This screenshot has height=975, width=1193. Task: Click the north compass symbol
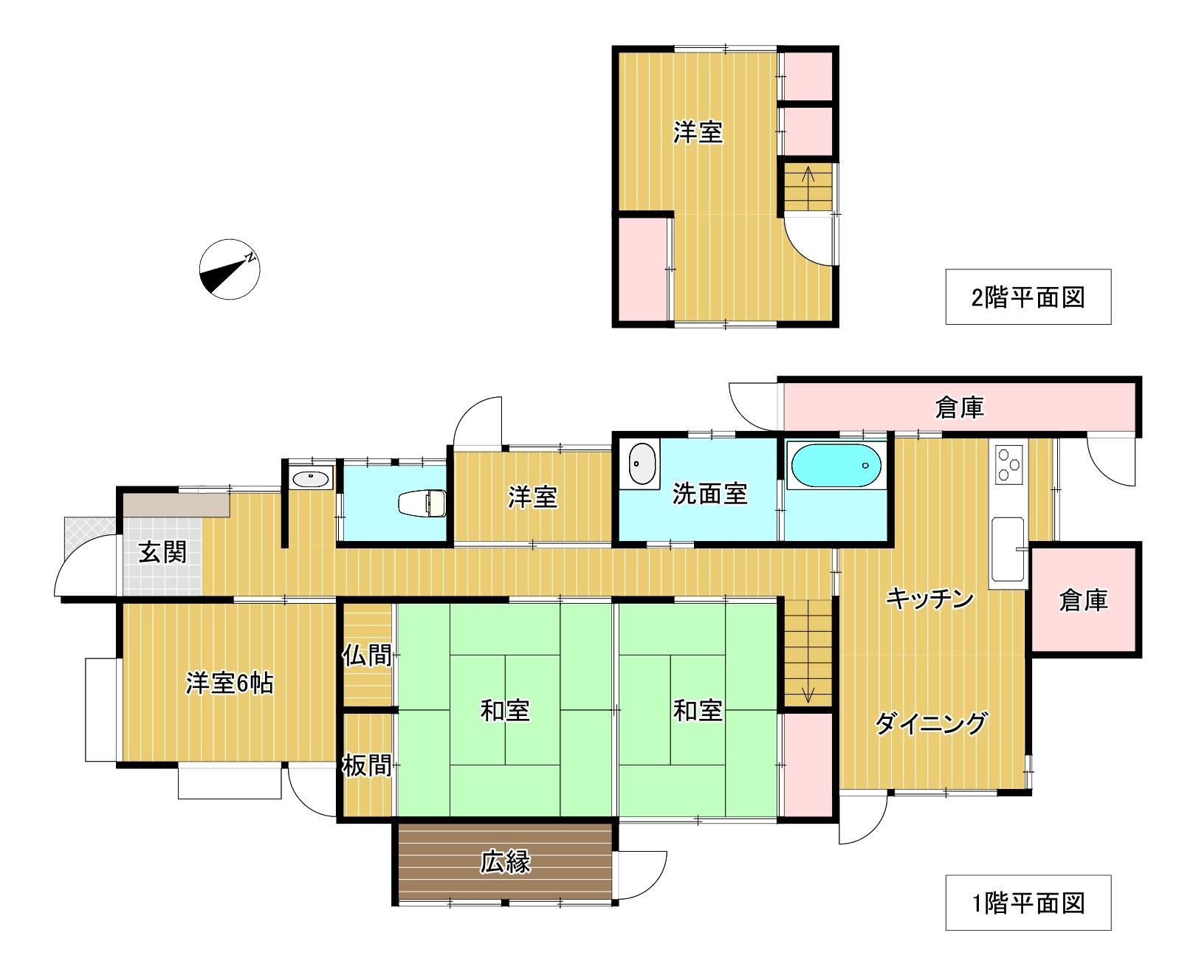230,269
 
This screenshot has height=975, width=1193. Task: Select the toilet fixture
423,503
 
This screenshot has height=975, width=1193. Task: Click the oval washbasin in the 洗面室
643,464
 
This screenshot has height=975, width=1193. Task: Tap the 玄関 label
163,552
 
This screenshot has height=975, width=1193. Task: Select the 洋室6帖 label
229,683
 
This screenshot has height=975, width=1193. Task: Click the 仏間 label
367,655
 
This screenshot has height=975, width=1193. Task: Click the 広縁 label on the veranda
506,861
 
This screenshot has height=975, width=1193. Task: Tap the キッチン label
930,599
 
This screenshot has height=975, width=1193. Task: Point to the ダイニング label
931,723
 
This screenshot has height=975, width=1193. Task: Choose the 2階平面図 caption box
1028,297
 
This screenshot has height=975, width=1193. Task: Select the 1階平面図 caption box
1028,903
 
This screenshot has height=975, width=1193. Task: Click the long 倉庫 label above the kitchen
960,407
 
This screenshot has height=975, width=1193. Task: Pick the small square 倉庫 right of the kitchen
1084,599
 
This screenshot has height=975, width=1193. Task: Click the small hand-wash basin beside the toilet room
311,479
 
